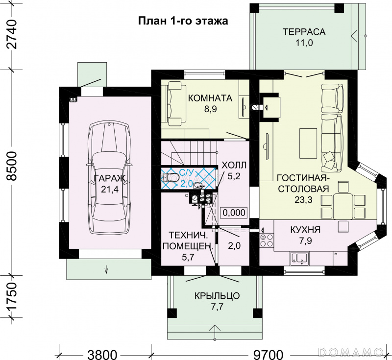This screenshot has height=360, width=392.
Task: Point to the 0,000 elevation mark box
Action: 234,213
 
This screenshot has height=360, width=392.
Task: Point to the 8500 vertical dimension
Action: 11,167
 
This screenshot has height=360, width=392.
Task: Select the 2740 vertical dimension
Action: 11,35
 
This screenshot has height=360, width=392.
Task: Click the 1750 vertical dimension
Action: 11,297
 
